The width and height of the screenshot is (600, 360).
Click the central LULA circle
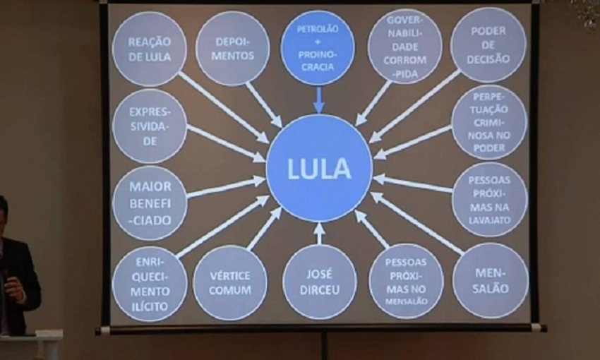pos(319,169)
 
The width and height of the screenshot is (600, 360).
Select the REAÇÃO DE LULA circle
pos(149,49)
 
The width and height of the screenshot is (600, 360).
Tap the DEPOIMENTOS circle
pos(232,49)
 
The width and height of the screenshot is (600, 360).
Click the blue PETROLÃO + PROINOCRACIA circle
pos(317,48)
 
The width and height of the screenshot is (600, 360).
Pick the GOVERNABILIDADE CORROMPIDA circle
pos(404,47)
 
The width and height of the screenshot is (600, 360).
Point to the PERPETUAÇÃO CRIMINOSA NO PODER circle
pos(489,121)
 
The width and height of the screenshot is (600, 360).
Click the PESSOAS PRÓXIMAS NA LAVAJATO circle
pos(489,199)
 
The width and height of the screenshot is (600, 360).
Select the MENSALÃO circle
pos(490,280)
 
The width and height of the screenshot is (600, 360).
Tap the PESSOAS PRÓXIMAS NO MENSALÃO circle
pos(406,281)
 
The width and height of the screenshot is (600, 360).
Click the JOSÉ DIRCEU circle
pos(319,282)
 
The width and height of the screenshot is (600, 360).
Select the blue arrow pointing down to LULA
pos(318,99)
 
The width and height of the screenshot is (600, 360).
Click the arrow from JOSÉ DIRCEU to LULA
pos(319,233)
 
